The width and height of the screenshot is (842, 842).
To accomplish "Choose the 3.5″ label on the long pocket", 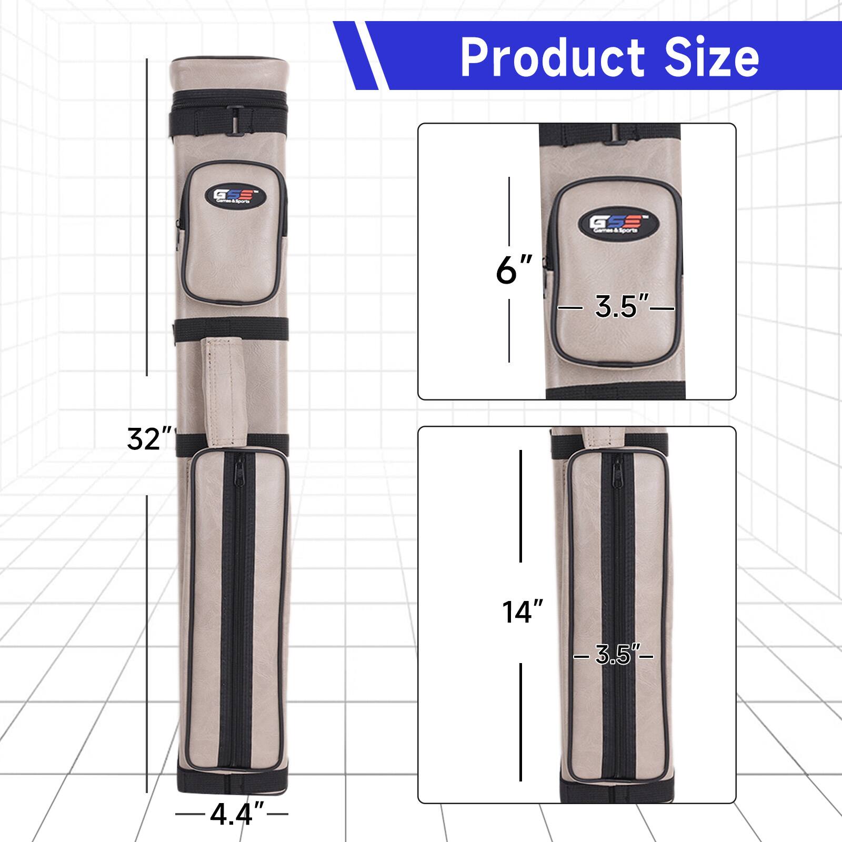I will pyautogui.click(x=613, y=656).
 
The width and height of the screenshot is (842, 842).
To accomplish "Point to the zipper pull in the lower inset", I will pyautogui.click(x=616, y=466).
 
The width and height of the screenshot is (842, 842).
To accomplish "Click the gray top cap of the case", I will pyautogui.click(x=230, y=74).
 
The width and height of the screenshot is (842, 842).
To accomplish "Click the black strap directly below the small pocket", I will pyautogui.click(x=232, y=330).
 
